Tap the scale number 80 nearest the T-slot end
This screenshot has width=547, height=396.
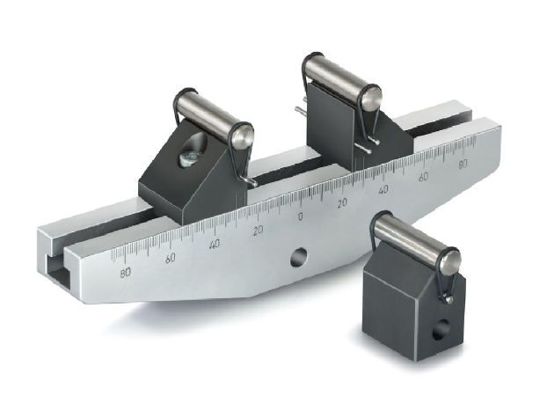[125, 273]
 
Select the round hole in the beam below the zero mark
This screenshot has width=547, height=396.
[299, 257]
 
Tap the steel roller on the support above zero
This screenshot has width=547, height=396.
[339, 79]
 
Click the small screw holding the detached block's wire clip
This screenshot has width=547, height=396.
[449, 299]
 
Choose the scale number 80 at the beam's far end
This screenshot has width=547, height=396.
[463, 163]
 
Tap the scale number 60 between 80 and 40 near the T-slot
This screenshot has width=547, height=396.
[170, 258]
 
